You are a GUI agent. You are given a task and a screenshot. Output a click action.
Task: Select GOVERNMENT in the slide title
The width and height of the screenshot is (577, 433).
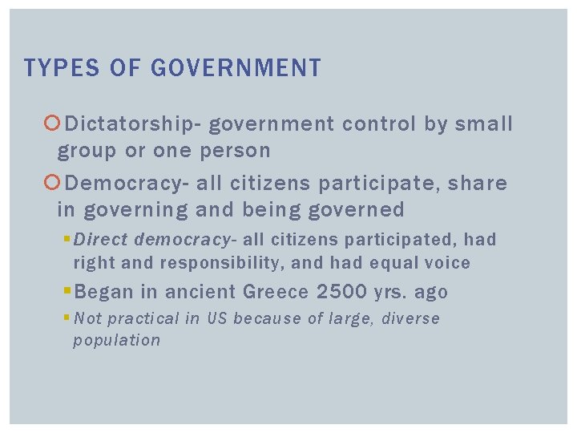[x=236, y=68]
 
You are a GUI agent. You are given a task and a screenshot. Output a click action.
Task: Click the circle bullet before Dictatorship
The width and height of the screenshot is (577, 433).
[x=53, y=123]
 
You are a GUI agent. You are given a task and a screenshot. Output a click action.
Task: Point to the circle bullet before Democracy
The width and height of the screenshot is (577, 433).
[x=53, y=184]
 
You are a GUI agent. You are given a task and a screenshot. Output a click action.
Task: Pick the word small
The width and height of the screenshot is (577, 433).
[x=483, y=123]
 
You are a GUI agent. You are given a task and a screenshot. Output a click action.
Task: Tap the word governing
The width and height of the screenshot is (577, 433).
[x=129, y=210]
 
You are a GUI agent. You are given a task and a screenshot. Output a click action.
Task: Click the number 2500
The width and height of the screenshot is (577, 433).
[x=342, y=291]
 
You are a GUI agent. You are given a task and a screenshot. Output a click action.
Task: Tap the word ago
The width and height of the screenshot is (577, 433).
[x=430, y=291]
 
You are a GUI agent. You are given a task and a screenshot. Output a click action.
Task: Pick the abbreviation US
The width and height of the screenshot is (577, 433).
[x=217, y=318]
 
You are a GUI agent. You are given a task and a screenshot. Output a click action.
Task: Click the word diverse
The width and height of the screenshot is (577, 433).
[x=410, y=318]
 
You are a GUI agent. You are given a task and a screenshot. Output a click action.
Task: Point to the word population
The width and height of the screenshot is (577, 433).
[x=116, y=340]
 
